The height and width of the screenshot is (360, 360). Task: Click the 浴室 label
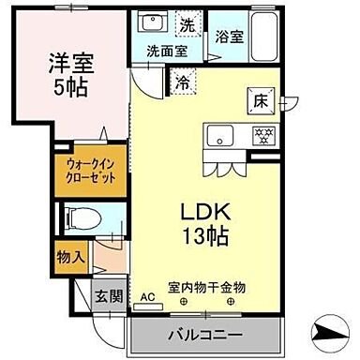point(231,37)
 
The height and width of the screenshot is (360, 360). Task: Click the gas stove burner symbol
point(262,134)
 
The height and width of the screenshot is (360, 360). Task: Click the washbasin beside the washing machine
point(153,24)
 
